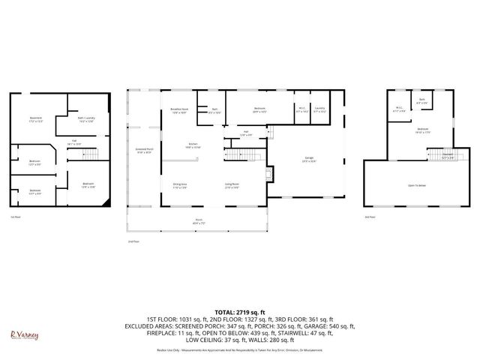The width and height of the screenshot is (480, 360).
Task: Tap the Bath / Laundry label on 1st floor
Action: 85,118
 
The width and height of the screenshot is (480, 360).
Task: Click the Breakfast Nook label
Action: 179,111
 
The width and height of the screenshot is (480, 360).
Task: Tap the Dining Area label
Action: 180,185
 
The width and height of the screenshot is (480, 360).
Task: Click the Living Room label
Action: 232,185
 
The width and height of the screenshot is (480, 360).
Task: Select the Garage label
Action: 308,160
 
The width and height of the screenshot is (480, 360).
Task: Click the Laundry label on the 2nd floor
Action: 319,110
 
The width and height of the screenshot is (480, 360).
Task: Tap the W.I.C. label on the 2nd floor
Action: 301,110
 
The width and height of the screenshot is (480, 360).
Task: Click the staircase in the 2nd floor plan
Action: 241,155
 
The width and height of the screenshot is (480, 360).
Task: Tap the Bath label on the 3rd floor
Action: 422,101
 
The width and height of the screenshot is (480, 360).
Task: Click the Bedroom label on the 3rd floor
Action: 424,130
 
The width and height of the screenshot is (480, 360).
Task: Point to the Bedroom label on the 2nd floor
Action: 259,110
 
